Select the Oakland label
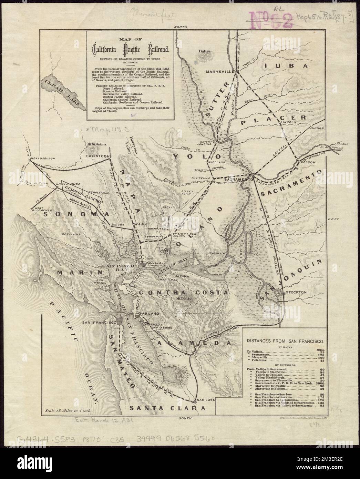(x=149, y=314)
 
